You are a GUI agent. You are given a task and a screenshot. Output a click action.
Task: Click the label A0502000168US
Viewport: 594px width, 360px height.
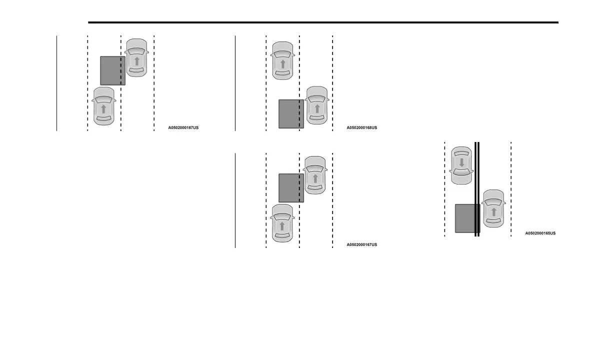361,128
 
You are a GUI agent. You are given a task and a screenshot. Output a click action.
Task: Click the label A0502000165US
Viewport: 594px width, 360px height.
540,233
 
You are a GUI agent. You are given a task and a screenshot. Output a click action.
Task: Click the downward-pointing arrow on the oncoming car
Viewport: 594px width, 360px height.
461,163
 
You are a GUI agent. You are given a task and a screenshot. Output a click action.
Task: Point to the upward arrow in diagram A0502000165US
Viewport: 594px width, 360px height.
493,212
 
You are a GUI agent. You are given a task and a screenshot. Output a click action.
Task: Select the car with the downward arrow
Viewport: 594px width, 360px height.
461,165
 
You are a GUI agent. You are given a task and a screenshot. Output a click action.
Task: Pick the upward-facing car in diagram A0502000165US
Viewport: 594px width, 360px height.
493,209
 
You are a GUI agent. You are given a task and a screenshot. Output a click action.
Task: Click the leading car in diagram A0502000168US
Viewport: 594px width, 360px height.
282,61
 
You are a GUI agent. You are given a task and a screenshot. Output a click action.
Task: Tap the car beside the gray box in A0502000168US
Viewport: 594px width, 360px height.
316,105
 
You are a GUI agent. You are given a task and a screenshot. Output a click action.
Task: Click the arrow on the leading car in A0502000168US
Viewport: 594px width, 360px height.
282,64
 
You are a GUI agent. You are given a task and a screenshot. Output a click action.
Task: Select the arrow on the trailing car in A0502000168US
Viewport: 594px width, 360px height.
316,108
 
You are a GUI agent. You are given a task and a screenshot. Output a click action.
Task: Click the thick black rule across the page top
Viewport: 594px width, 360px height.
323,22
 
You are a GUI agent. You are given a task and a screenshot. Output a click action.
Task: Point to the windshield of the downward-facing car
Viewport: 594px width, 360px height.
461,175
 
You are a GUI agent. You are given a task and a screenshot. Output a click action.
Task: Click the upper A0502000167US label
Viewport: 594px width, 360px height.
183,128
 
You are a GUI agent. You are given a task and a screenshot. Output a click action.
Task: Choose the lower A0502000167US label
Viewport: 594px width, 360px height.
361,245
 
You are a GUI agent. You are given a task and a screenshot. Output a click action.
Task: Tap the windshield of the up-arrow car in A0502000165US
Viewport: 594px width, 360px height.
493,202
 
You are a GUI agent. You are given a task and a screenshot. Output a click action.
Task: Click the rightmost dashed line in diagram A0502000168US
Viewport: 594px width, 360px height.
332,83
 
